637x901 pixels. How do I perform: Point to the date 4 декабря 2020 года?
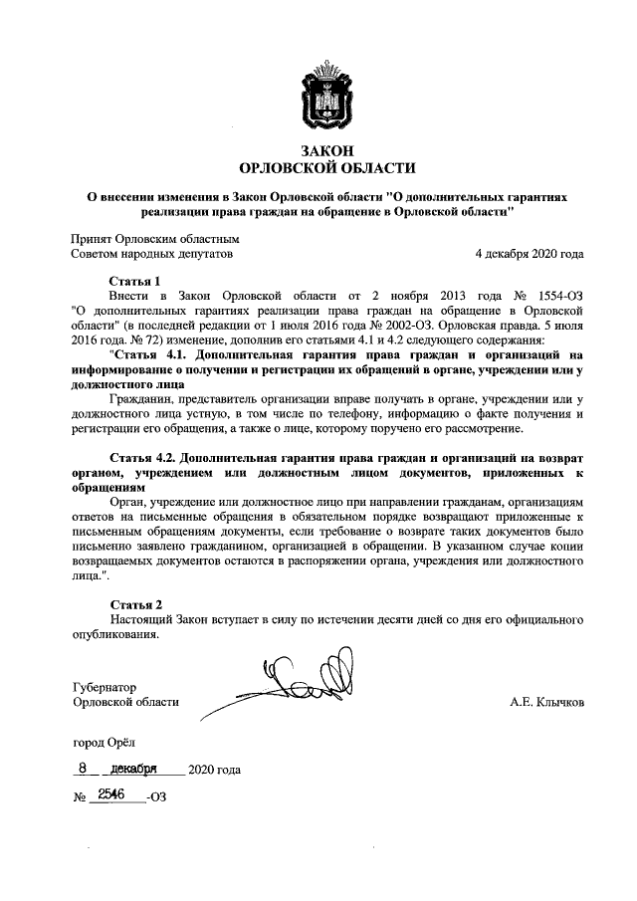click(x=530, y=254)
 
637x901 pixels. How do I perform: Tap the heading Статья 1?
click(x=133, y=282)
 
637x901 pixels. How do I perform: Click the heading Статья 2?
click(x=133, y=604)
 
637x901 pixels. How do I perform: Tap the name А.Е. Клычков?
click(x=546, y=702)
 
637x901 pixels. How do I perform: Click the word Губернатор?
click(x=105, y=687)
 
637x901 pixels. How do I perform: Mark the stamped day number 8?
click(x=86, y=769)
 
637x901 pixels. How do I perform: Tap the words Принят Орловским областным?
click(x=154, y=239)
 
